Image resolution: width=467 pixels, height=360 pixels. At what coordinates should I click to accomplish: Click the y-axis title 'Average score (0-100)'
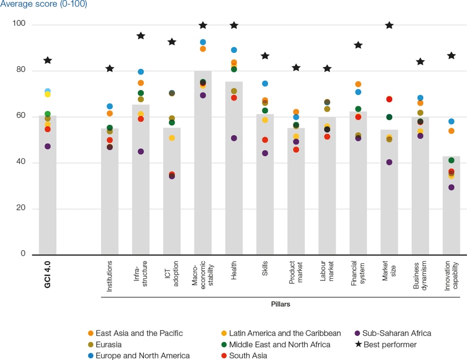point(44,4)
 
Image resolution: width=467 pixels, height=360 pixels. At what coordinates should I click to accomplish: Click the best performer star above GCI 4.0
point(48,60)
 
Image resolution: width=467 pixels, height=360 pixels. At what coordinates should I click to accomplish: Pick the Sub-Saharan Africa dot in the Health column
point(234,139)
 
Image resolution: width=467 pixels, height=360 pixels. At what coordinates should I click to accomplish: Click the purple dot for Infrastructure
point(141,152)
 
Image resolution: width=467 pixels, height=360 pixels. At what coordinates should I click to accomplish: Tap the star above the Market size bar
point(390,25)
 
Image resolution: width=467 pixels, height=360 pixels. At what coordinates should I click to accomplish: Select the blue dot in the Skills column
point(265,84)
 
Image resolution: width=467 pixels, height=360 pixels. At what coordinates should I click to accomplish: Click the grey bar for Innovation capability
point(451,220)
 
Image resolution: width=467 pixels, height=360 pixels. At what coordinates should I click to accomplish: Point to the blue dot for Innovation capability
point(451,121)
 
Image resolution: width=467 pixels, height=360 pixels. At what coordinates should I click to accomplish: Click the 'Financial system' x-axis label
point(358,274)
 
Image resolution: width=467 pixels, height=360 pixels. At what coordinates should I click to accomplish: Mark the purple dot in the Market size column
point(390,162)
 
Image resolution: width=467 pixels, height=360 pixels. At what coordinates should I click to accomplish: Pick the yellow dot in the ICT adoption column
point(172,138)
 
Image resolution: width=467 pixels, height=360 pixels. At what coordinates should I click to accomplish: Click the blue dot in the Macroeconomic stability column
point(203,42)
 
